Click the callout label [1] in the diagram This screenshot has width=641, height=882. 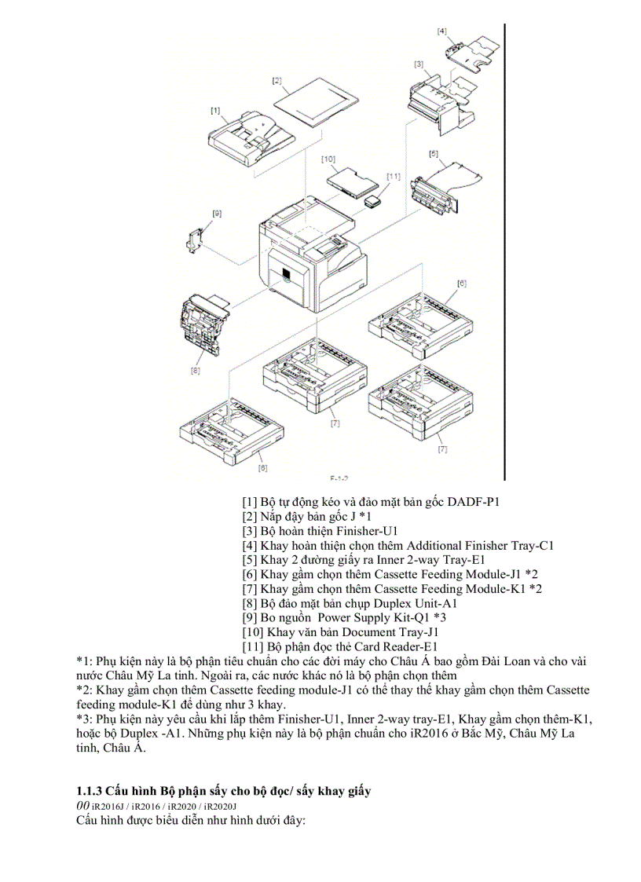click(x=215, y=111)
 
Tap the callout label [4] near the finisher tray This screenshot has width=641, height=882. click(x=442, y=31)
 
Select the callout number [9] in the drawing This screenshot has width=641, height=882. click(x=218, y=213)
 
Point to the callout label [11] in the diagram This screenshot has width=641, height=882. click(x=394, y=176)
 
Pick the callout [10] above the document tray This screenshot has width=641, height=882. click(x=328, y=159)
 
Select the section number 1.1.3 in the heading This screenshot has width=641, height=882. click(x=90, y=789)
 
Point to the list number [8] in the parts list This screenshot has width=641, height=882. click(x=251, y=603)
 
